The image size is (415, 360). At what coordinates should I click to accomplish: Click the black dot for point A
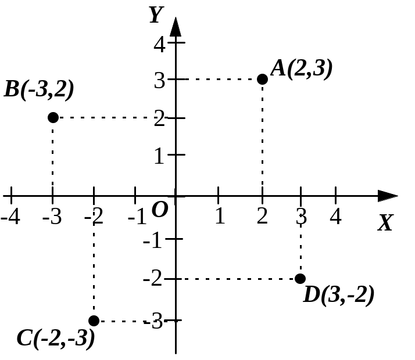(x=262, y=79)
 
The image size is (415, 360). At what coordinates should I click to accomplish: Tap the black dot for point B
(x=53, y=117)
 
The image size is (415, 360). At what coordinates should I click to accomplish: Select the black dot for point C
(x=94, y=321)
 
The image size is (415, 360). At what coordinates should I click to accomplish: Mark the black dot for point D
(x=300, y=279)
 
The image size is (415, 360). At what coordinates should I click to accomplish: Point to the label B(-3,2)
(x=39, y=90)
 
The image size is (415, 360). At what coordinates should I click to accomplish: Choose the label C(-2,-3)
(x=56, y=339)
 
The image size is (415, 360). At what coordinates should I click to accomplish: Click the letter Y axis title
(x=155, y=15)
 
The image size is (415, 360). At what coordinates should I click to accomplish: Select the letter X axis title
(x=385, y=223)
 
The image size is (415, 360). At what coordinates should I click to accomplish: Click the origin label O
(x=159, y=210)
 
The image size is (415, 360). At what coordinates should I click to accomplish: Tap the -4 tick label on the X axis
(x=10, y=217)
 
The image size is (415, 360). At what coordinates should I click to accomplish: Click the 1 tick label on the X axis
(x=220, y=217)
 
